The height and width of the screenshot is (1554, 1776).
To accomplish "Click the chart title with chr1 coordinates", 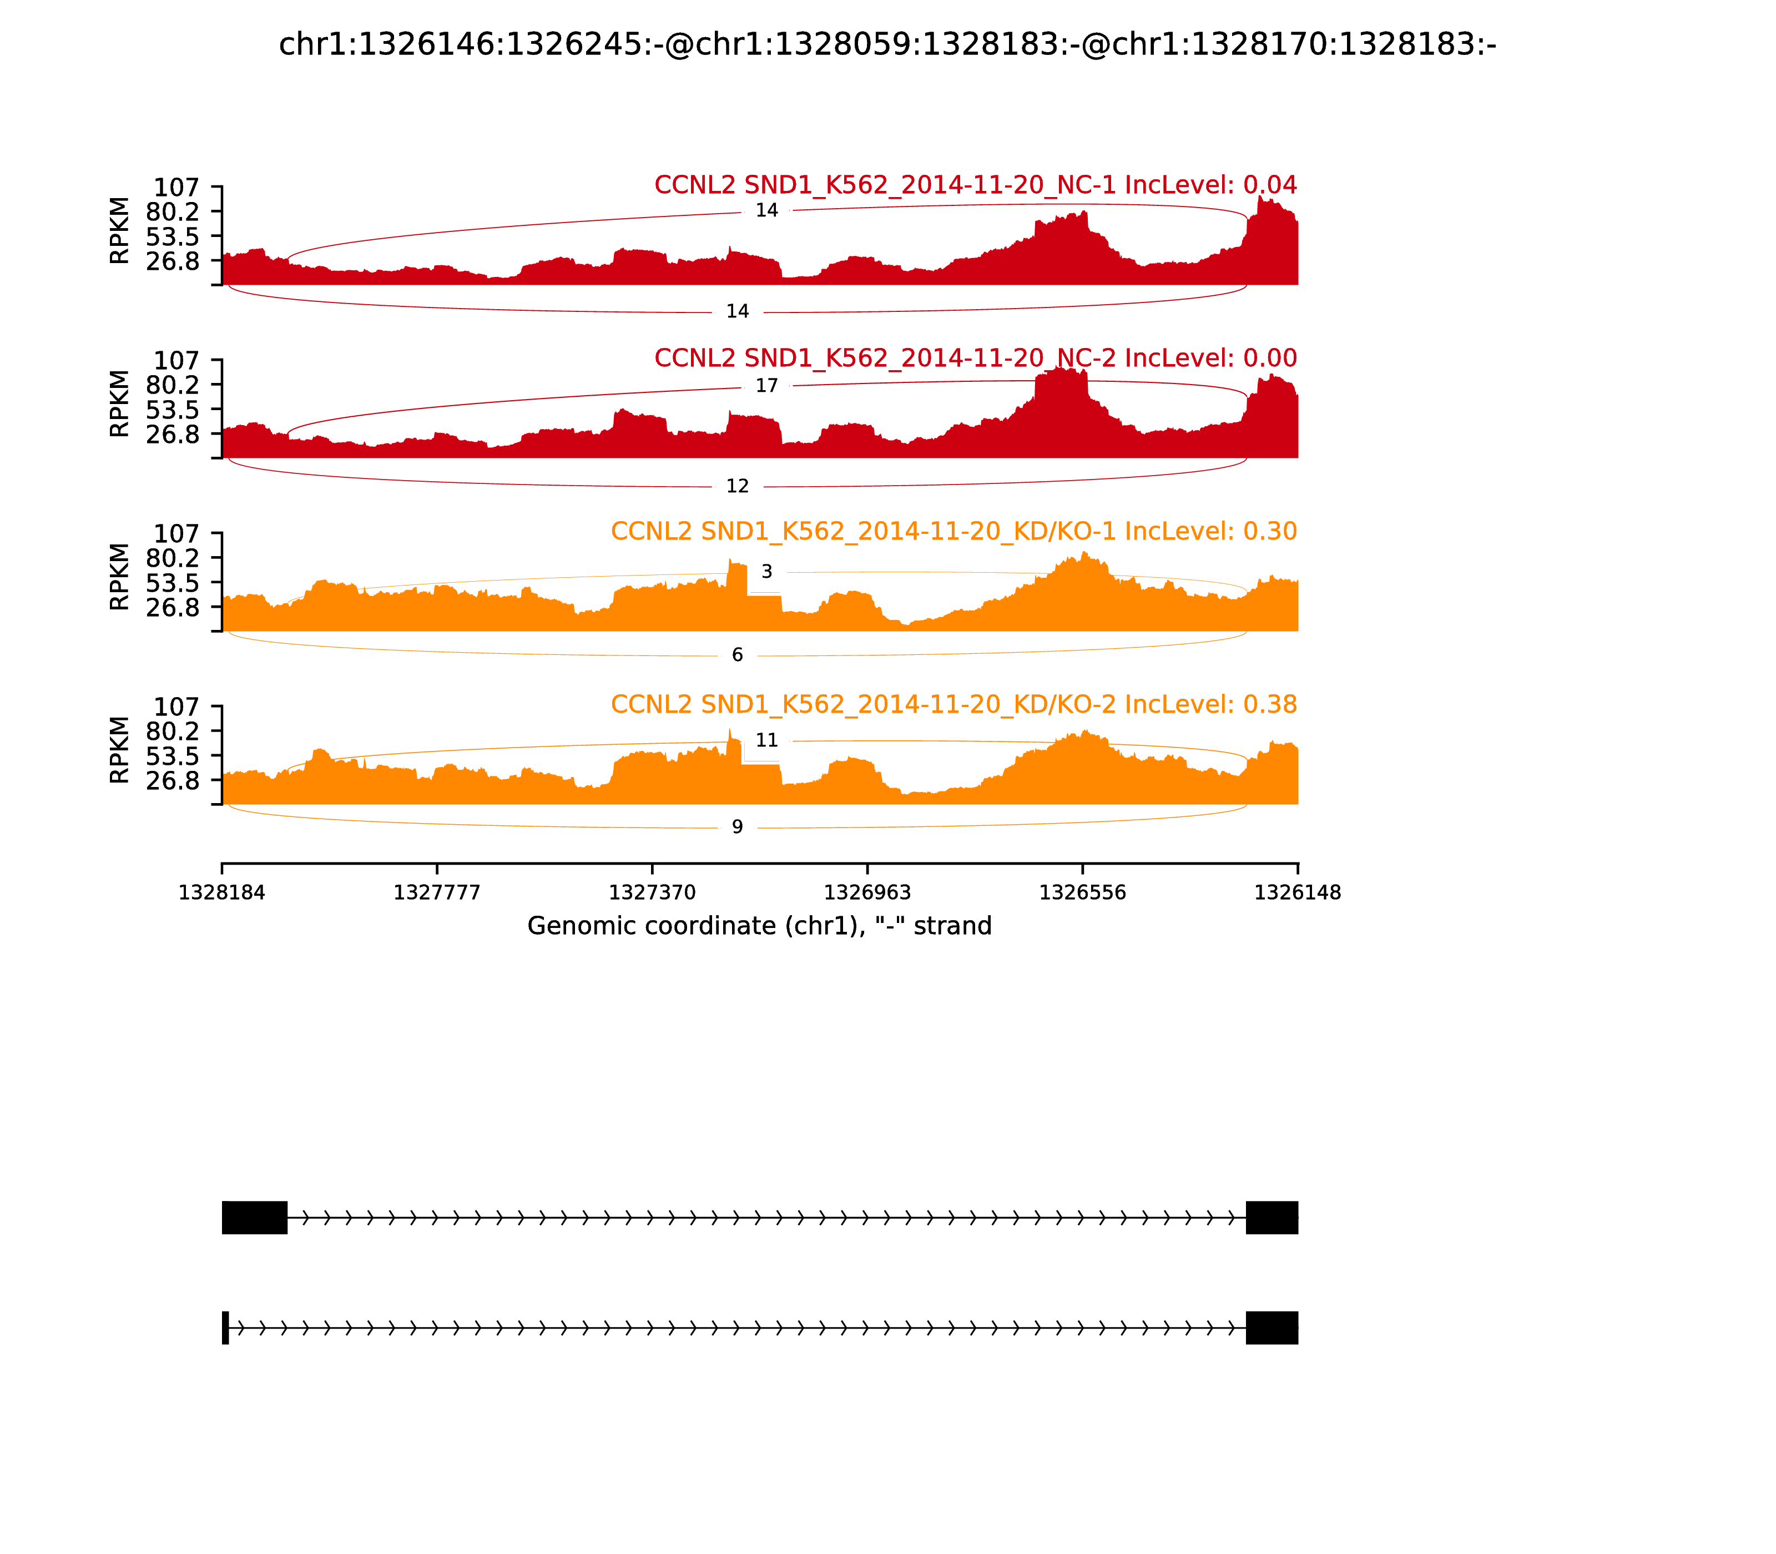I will [x=887, y=44].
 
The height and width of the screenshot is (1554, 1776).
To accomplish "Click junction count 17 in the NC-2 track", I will [x=766, y=386].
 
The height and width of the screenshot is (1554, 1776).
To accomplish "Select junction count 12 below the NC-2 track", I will [x=737, y=487].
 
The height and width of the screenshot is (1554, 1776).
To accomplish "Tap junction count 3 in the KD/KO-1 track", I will [x=766, y=572].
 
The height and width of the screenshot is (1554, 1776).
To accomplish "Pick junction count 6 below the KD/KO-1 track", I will [x=737, y=655].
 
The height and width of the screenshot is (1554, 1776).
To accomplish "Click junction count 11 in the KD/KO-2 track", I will [x=766, y=740].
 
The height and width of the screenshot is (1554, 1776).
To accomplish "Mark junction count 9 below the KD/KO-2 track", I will [x=737, y=828].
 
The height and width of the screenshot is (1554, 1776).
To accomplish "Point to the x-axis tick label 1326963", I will [x=866, y=893].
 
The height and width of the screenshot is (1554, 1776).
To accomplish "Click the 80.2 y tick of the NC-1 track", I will [x=173, y=211].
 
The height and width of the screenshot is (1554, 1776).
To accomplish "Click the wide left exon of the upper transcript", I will [x=254, y=1218].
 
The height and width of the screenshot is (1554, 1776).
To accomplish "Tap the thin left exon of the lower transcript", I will [x=225, y=1328].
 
